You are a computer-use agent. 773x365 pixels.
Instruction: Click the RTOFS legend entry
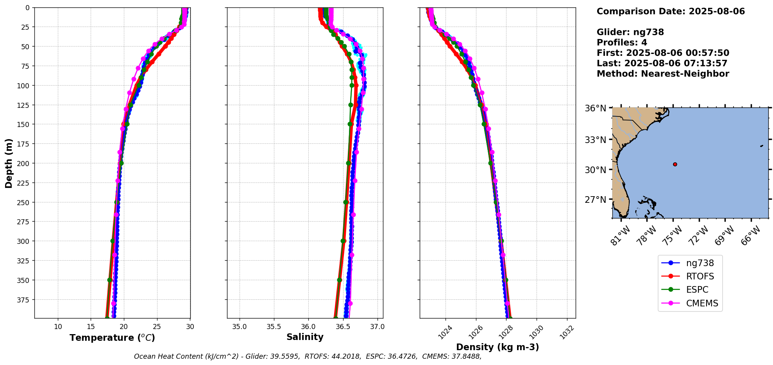(x=700, y=276)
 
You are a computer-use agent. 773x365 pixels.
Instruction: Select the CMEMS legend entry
(x=702, y=303)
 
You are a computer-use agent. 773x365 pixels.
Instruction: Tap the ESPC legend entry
(x=697, y=290)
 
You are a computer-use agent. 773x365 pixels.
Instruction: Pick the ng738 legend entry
(x=700, y=263)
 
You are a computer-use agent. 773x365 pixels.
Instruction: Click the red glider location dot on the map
(x=675, y=164)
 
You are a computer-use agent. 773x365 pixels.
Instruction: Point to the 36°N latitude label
(x=595, y=108)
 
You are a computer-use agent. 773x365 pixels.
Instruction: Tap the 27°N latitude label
(x=595, y=200)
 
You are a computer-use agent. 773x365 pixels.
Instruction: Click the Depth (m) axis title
(x=9, y=163)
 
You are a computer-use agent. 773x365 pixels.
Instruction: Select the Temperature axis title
(x=112, y=338)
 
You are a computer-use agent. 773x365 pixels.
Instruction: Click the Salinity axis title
(x=305, y=337)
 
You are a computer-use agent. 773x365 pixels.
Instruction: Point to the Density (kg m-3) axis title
(x=497, y=347)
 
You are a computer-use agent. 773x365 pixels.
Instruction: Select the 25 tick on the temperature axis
(x=157, y=327)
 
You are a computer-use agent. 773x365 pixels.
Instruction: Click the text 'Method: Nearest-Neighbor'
(x=663, y=74)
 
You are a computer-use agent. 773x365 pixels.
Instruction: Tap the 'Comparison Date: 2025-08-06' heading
(x=671, y=11)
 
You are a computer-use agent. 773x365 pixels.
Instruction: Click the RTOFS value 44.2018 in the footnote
(x=345, y=356)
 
